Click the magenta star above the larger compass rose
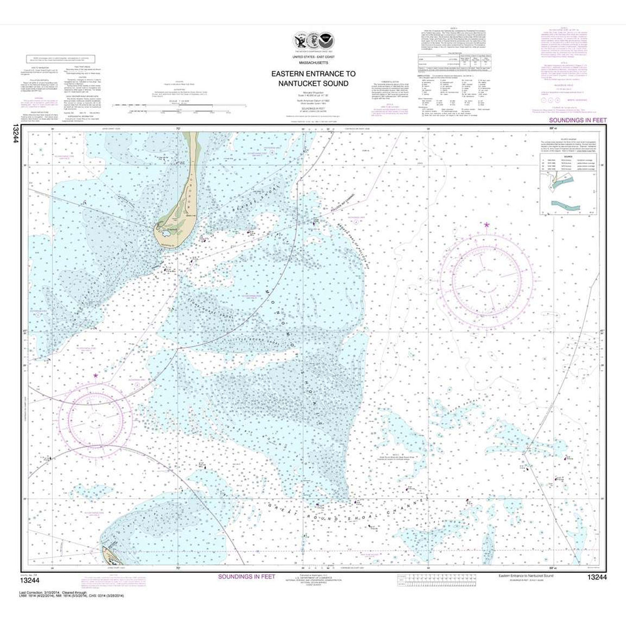pos(486,224)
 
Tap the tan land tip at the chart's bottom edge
pos(108,553)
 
